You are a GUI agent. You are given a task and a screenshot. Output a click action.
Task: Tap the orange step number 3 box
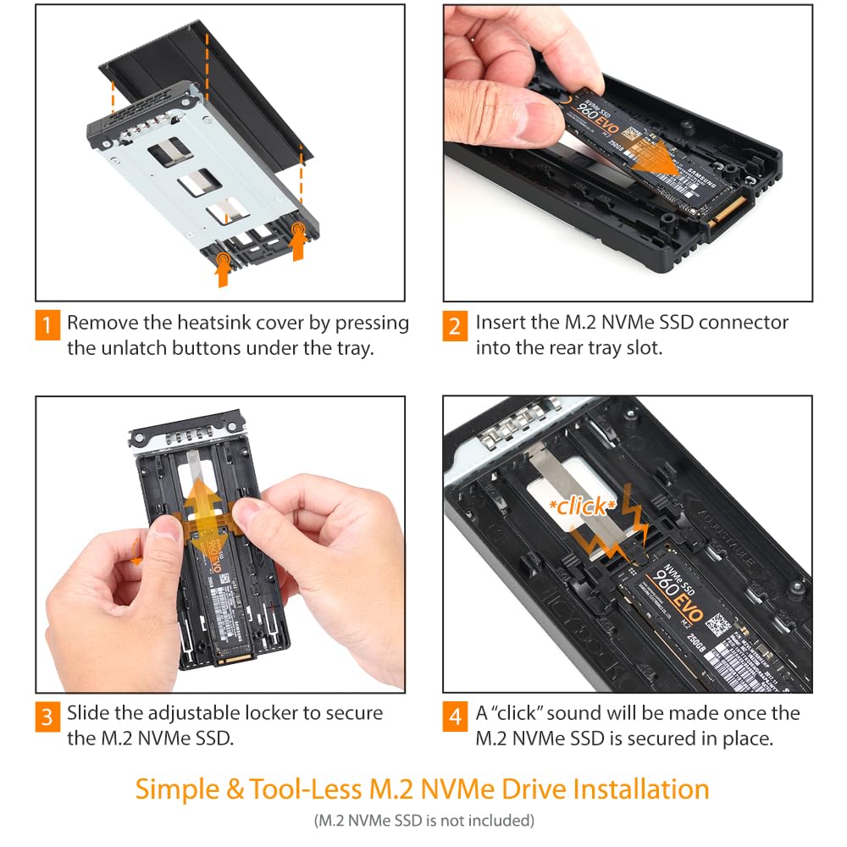(47, 717)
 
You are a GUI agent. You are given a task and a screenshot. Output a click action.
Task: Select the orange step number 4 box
(455, 717)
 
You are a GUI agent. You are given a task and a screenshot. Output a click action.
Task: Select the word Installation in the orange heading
(640, 789)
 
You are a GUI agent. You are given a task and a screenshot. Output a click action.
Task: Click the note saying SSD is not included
(423, 820)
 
